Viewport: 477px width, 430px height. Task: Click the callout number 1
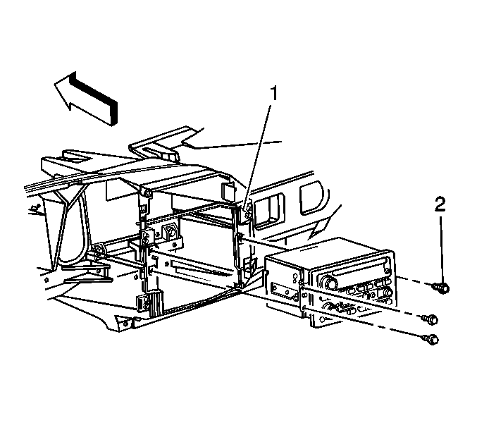274,94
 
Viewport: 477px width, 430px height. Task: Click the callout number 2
440,204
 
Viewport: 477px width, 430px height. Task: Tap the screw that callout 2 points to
441,288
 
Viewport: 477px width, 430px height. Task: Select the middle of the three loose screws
430,319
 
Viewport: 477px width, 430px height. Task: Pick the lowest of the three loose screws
430,339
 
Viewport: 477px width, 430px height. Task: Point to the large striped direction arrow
86,98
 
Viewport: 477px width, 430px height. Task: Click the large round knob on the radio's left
330,282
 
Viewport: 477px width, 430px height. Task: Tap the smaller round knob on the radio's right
385,293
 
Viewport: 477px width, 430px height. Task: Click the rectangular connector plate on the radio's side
283,290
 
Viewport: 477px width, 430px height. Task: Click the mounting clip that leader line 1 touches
247,211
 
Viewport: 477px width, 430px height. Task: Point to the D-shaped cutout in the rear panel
311,198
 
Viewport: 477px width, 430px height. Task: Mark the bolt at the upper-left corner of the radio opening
147,194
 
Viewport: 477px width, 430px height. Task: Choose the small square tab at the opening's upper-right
225,190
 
